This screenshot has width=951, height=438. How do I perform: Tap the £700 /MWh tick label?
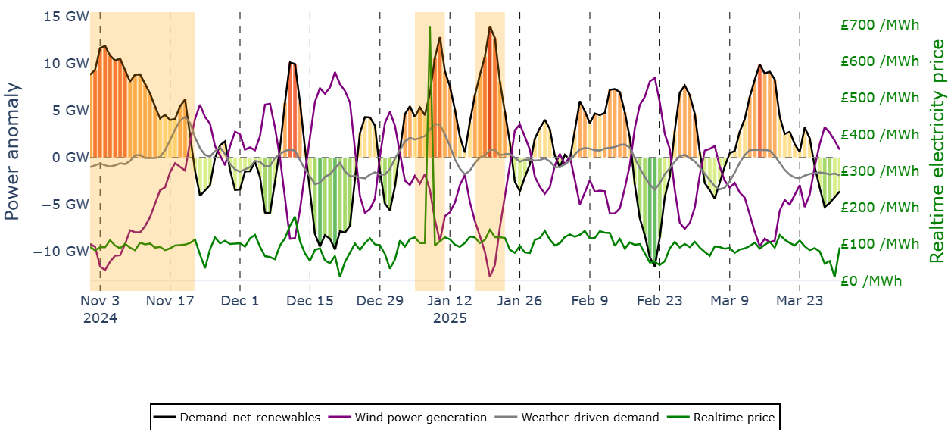pyautogui.click(x=879, y=25)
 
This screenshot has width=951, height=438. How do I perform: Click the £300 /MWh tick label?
pyautogui.click(x=879, y=171)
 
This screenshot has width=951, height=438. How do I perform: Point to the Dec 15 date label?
pyautogui.click(x=310, y=301)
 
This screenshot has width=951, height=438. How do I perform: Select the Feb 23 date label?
pyautogui.click(x=659, y=301)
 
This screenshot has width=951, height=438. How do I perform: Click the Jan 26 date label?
pyautogui.click(x=519, y=301)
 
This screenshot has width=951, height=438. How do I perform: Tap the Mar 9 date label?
pyautogui.click(x=729, y=301)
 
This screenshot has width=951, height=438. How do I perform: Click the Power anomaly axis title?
pyautogui.click(x=13, y=152)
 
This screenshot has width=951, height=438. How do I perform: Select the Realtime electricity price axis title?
pyautogui.click(x=938, y=152)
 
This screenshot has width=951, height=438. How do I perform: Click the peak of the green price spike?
pyautogui.click(x=429, y=27)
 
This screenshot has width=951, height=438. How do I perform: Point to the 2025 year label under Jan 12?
pyautogui.click(x=450, y=318)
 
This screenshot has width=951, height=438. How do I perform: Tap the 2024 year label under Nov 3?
pyautogui.click(x=100, y=318)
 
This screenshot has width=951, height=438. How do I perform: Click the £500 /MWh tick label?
pyautogui.click(x=879, y=98)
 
